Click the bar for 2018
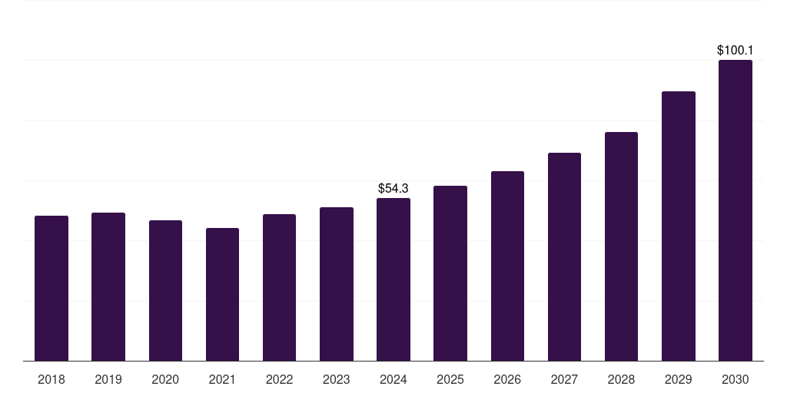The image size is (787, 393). [51, 289]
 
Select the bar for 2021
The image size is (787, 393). [222, 295]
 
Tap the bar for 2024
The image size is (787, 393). [393, 279]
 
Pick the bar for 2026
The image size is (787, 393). [507, 266]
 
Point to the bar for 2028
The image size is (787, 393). [621, 246]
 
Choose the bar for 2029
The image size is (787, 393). [678, 226]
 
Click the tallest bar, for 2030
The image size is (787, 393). [735, 210]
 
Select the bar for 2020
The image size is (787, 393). [165, 291]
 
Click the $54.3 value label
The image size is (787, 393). [393, 188]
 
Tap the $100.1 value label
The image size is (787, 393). [735, 50]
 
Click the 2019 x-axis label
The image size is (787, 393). [108, 379]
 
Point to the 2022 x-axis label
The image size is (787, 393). [279, 379]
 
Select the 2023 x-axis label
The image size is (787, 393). [336, 379]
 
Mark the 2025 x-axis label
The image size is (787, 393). [450, 379]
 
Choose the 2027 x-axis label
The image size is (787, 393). [564, 379]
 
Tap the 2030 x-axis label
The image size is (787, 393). [735, 379]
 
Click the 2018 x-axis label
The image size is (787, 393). [51, 379]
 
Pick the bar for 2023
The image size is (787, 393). [336, 284]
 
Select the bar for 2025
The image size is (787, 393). [450, 273]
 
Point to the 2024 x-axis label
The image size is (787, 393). [393, 379]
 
